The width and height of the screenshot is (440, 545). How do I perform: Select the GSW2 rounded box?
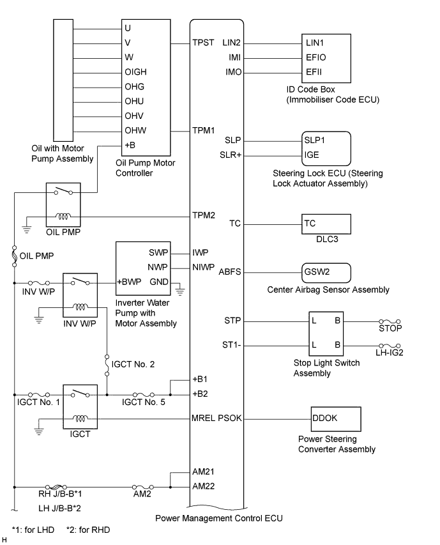pyautogui.click(x=326, y=272)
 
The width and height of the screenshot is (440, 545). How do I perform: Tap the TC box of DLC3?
pyautogui.click(x=326, y=224)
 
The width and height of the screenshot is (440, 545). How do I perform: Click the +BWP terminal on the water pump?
pyautogui.click(x=128, y=282)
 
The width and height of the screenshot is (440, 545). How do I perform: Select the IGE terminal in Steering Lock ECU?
pyautogui.click(x=312, y=155)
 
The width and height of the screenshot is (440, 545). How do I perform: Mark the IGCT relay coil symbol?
pyautogui.click(x=80, y=419)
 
